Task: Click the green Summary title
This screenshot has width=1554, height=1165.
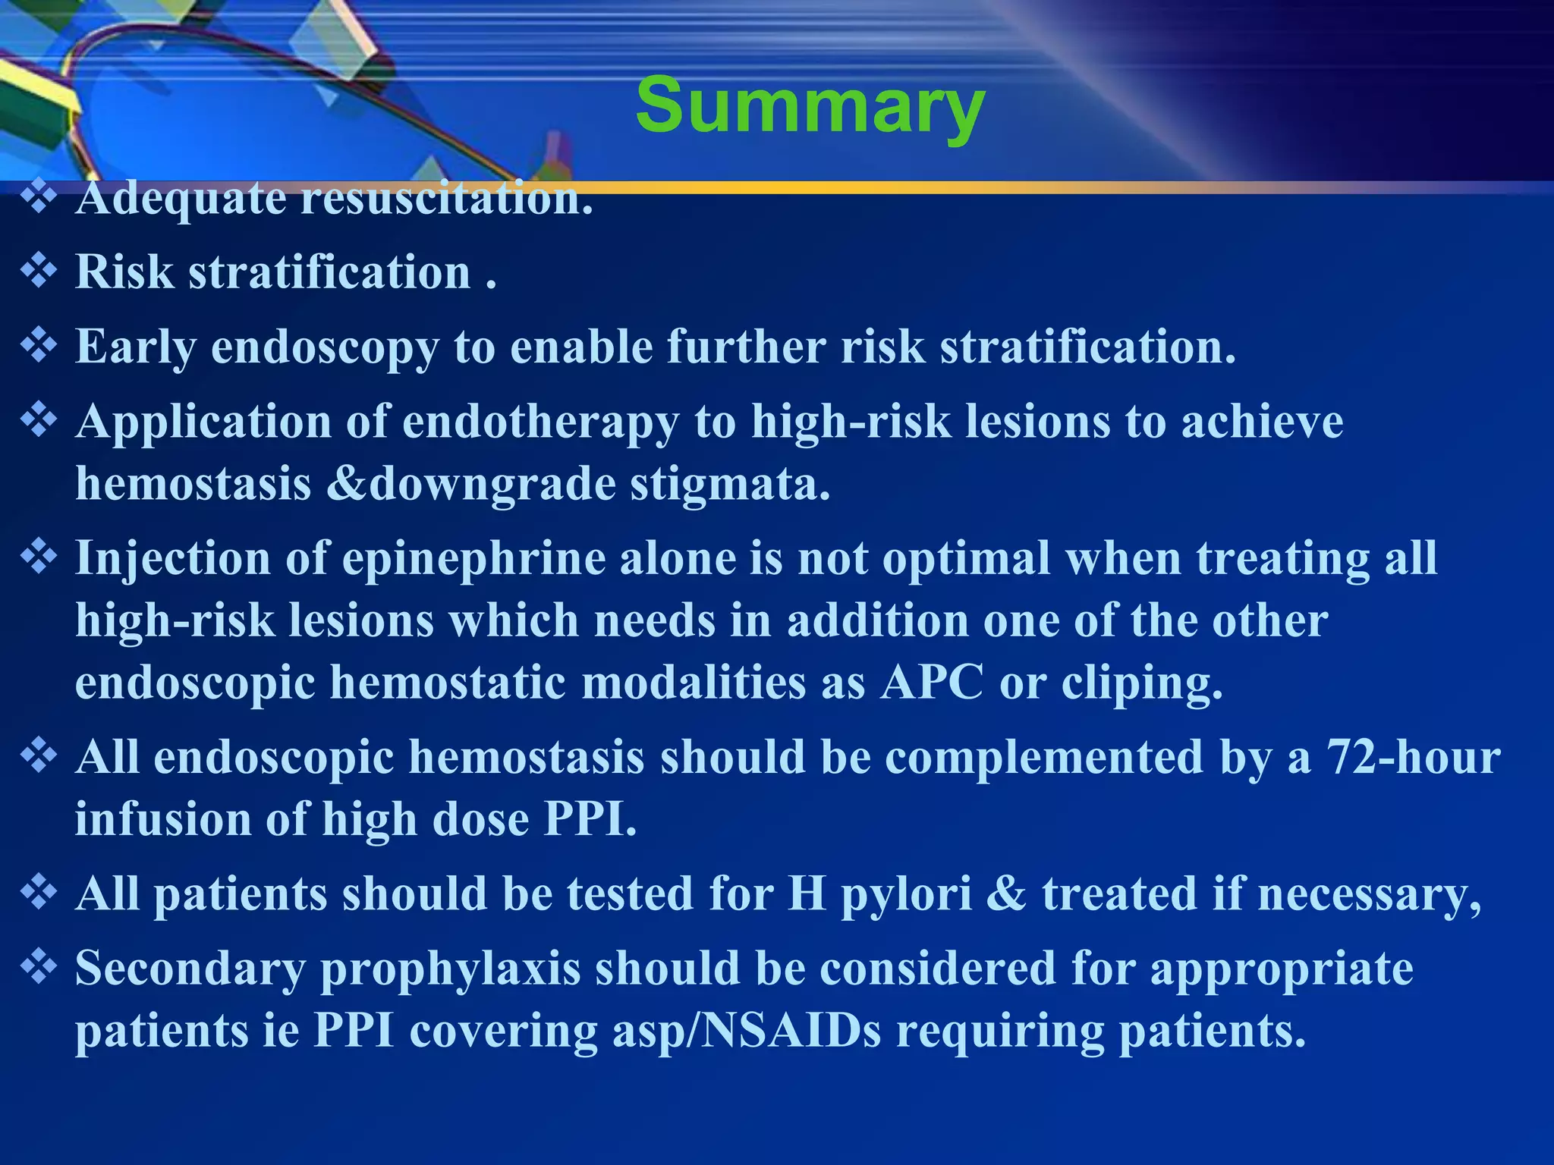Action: click(x=810, y=106)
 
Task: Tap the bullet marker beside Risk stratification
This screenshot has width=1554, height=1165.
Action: click(x=39, y=272)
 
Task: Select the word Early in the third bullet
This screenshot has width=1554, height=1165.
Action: click(x=135, y=347)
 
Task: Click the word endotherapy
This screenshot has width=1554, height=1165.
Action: click(x=540, y=422)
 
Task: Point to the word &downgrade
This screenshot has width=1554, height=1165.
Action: click(x=470, y=484)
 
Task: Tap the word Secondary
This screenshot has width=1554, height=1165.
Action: click(x=190, y=969)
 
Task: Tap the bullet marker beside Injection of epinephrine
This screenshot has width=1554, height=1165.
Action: click(x=39, y=558)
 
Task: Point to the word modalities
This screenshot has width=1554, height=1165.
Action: click(x=694, y=683)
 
